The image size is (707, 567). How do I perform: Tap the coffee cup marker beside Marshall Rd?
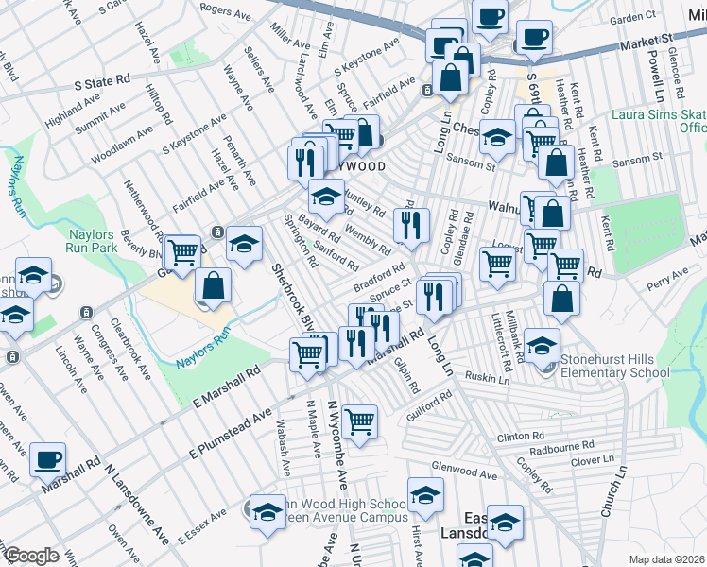coord(47,460)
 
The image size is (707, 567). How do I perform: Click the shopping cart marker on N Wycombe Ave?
coord(359,421)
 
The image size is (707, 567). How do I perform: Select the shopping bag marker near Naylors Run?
coord(214,286)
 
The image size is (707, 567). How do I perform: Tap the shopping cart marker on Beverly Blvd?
coord(181,252)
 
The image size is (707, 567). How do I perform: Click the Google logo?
coord(31,556)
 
